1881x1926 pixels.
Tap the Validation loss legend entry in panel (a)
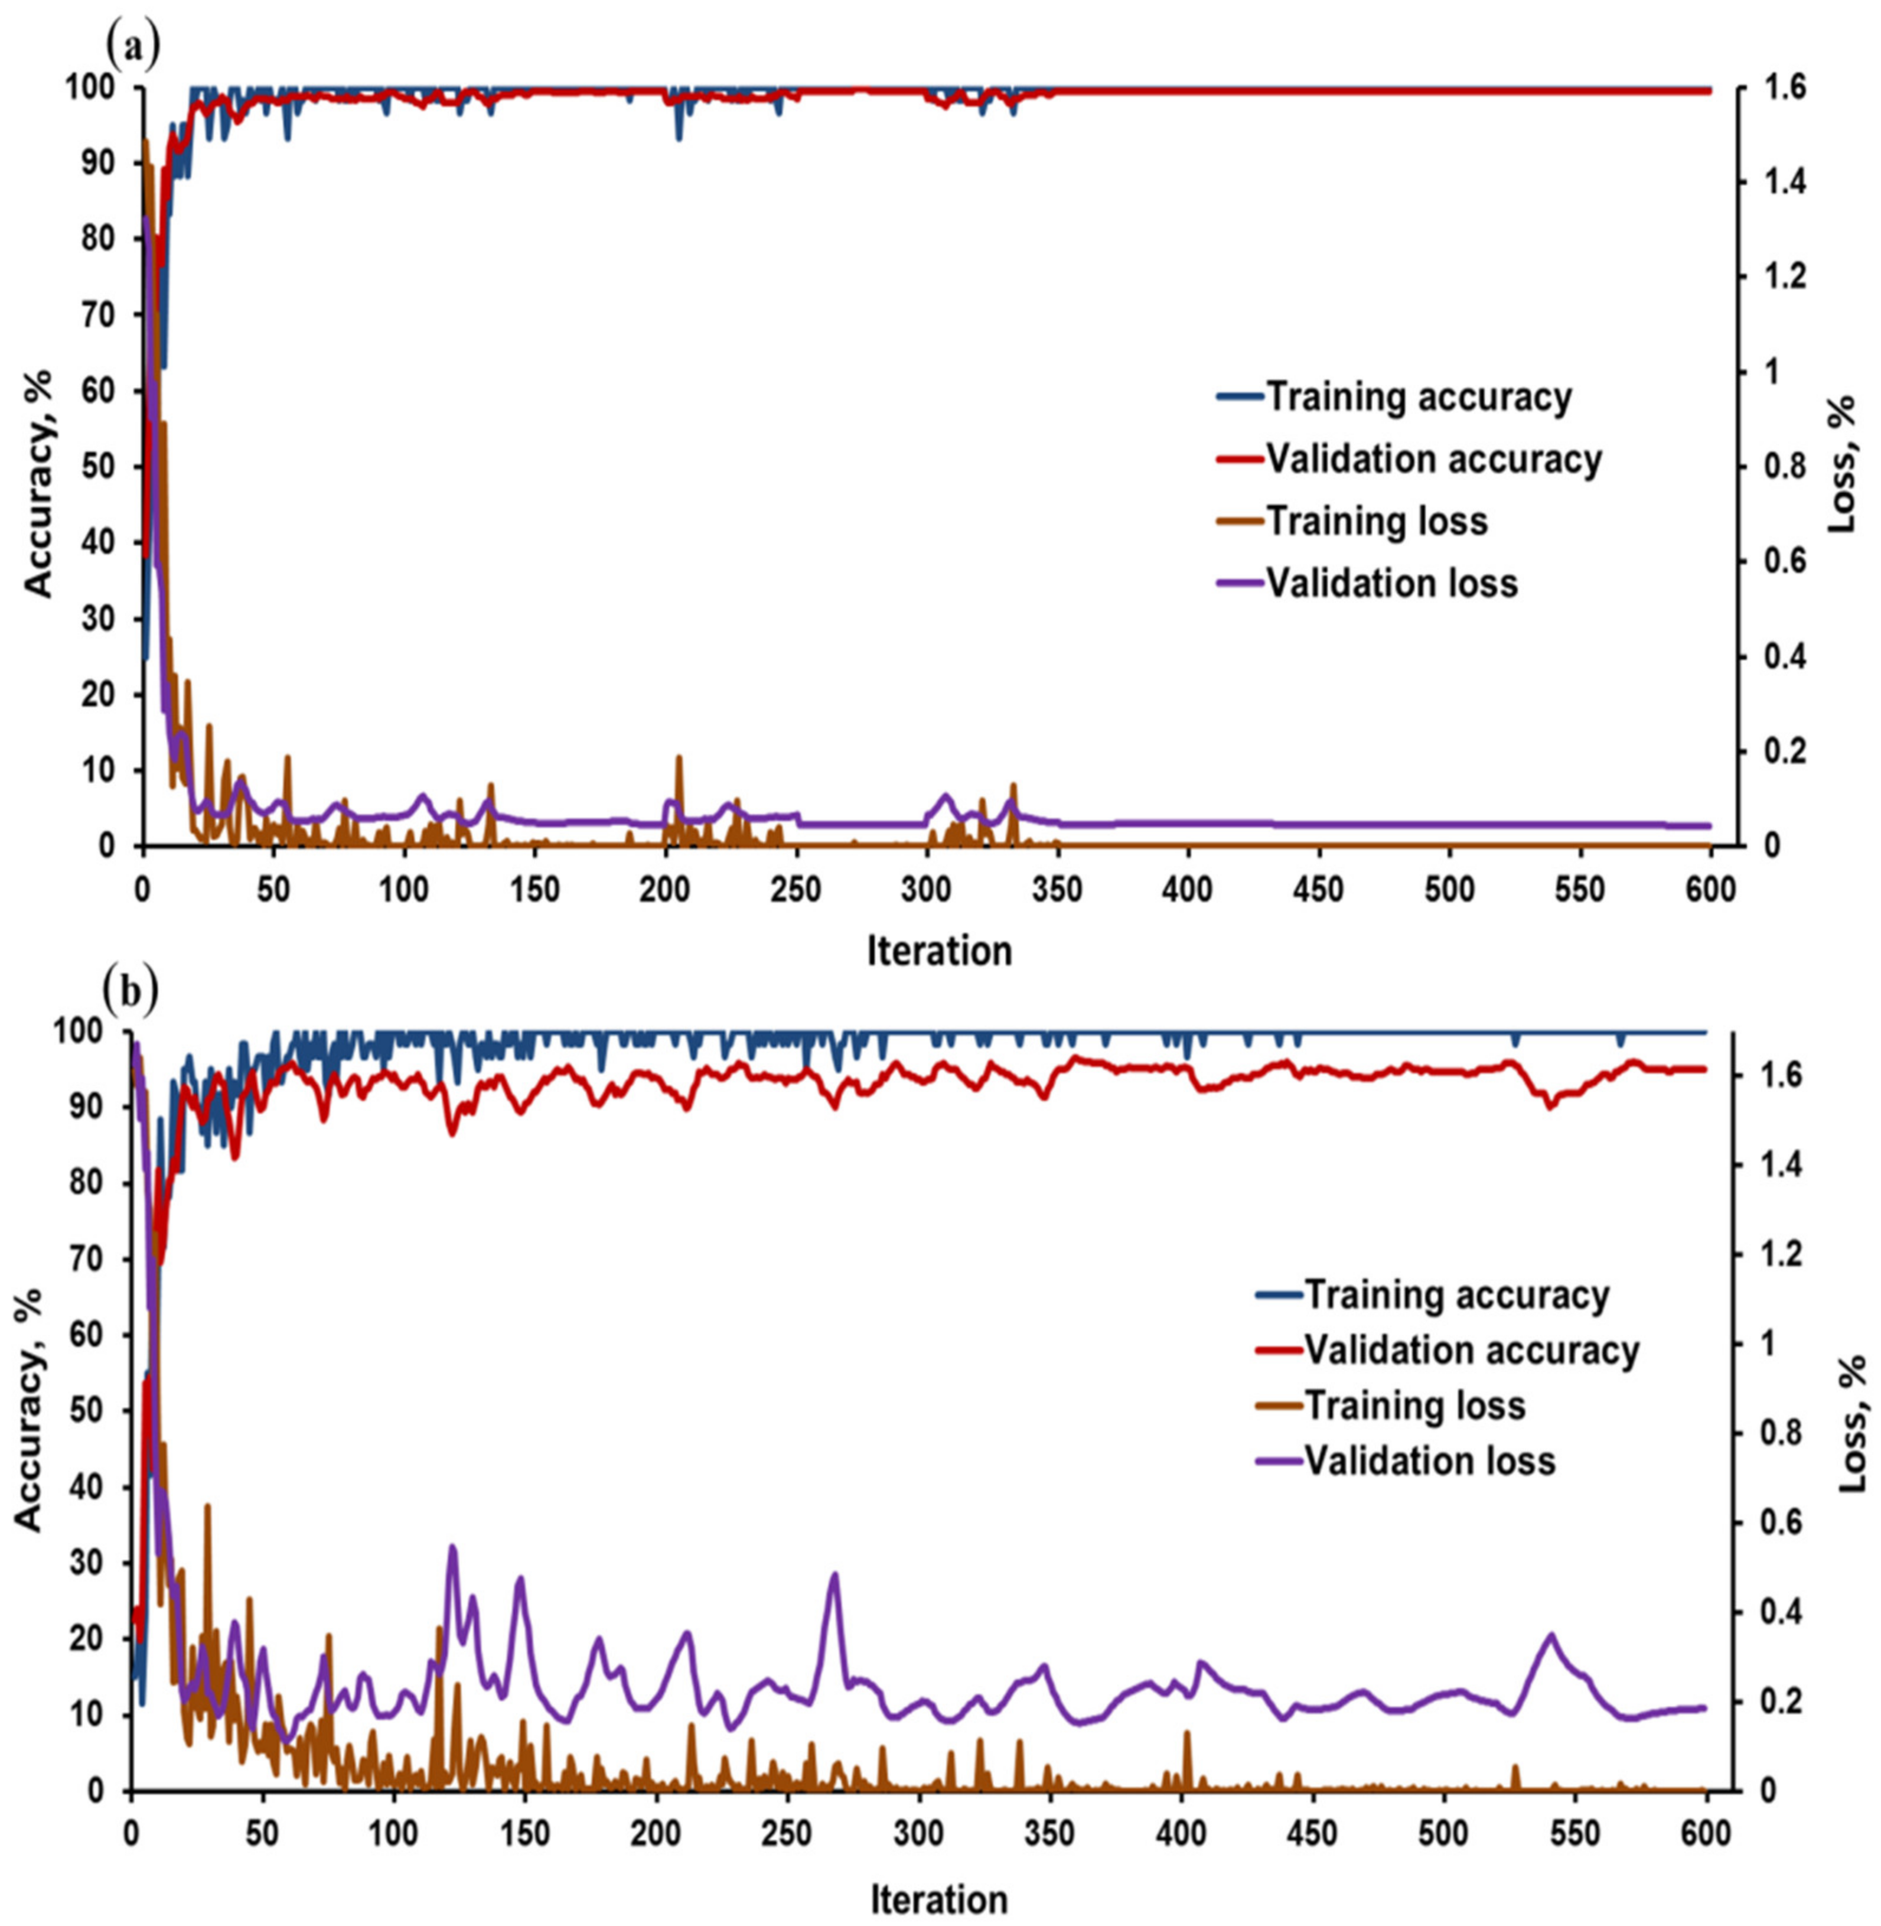click(x=1390, y=583)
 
